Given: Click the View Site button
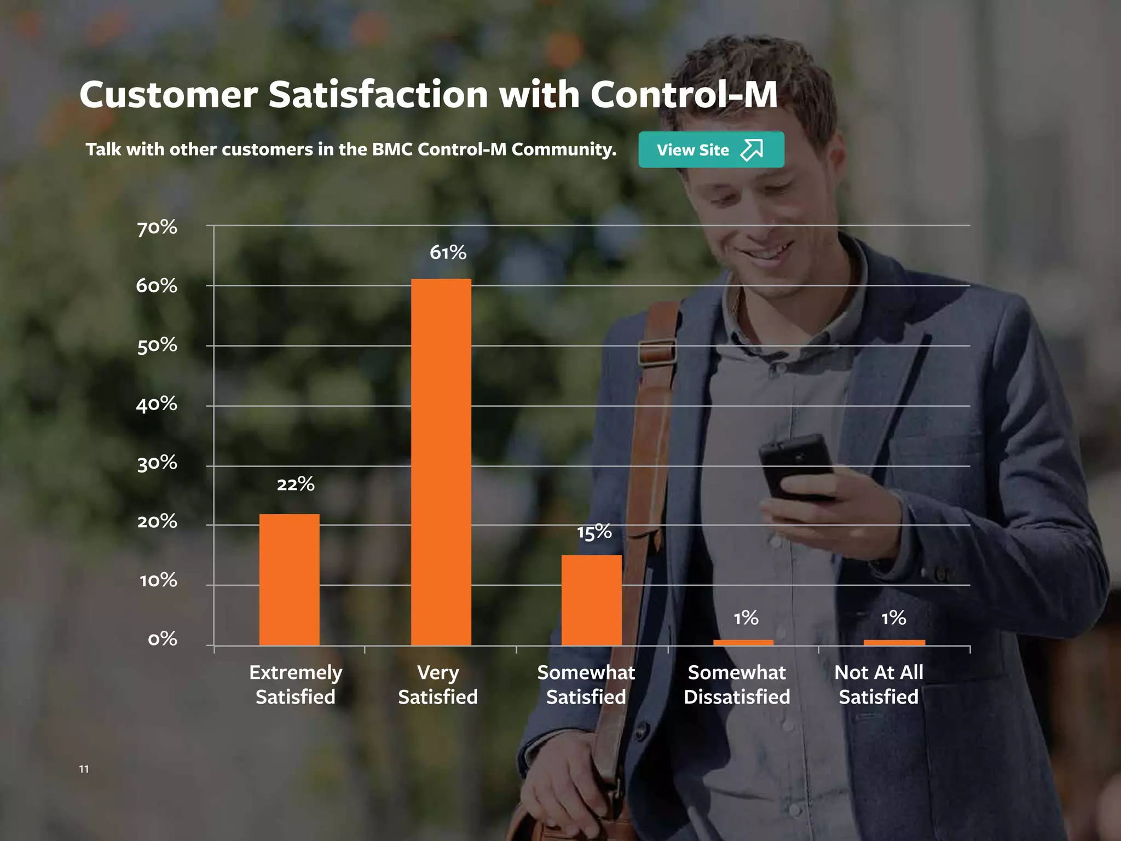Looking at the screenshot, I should click(x=710, y=149).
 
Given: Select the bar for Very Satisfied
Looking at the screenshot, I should click(x=441, y=462).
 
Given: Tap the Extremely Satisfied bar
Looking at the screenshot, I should click(x=289, y=579).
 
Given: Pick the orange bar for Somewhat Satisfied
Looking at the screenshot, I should click(x=591, y=600).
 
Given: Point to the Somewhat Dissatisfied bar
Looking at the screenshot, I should click(x=743, y=643).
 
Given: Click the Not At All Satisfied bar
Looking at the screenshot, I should click(x=894, y=643).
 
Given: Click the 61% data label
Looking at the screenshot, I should click(x=448, y=252).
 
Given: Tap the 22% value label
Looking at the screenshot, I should click(x=296, y=484).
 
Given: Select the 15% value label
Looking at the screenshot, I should click(x=594, y=532).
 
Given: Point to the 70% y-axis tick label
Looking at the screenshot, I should click(x=157, y=227).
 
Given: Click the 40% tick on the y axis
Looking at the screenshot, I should click(x=157, y=405).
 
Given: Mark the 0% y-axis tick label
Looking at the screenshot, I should click(x=163, y=639).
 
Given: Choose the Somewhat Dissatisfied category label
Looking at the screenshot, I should click(x=737, y=684).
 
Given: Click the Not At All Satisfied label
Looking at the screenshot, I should click(x=879, y=684).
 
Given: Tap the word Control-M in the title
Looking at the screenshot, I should click(x=684, y=95).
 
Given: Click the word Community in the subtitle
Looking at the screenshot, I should click(x=564, y=149).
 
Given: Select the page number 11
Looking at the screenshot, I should click(x=84, y=769).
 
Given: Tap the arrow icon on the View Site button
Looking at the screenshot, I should click(x=752, y=149).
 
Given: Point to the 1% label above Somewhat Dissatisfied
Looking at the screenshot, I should click(x=746, y=618).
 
